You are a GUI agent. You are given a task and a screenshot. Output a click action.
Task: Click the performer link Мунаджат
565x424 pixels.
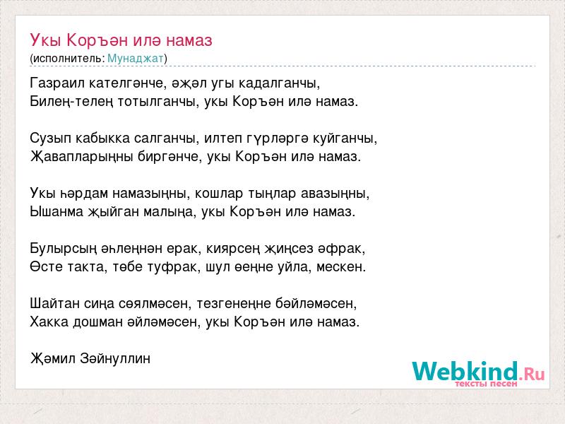coord(136,58)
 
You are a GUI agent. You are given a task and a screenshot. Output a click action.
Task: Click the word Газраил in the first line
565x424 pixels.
coord(57,83)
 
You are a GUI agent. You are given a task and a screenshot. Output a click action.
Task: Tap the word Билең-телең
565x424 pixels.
coord(71,102)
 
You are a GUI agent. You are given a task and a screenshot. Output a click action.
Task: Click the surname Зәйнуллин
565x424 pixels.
coord(115,358)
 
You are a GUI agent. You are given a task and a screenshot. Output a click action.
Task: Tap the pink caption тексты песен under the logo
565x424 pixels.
coord(486,384)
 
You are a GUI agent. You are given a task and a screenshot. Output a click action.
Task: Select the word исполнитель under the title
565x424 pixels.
coord(67,59)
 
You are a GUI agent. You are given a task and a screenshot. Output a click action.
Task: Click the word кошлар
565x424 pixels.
coord(219,194)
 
